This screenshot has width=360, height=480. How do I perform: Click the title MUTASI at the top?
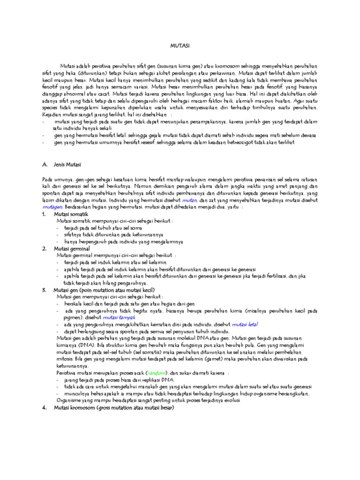(180, 46)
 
